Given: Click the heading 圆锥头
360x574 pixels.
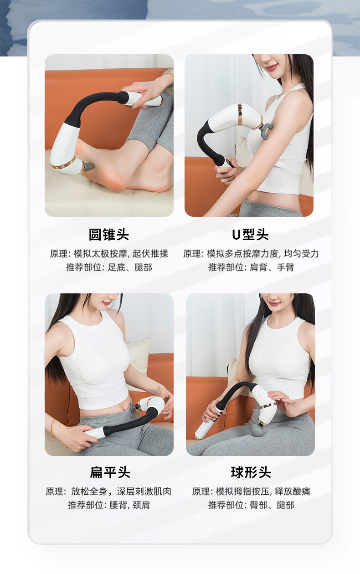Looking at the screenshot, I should tap(109, 235).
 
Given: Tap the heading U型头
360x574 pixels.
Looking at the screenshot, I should tap(250, 235).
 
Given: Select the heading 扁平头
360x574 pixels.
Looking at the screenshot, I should tap(110, 472).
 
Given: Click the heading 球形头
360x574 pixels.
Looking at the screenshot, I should tap(251, 472).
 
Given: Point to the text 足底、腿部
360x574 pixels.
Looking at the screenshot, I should tap(130, 267).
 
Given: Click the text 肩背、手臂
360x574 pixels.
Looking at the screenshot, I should tap(272, 267).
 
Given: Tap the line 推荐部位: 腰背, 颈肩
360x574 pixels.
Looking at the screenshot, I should tap(109, 505).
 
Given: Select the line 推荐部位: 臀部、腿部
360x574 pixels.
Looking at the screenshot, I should tap(251, 505).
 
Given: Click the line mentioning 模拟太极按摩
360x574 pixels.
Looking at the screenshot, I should tap(109, 254).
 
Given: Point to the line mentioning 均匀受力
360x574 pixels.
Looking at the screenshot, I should tap(251, 254).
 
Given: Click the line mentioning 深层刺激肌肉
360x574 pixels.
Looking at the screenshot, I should tap(108, 492).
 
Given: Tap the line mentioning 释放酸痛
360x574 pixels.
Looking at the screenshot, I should tap(251, 492).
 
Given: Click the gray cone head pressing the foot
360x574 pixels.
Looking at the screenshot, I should tap(88, 166).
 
